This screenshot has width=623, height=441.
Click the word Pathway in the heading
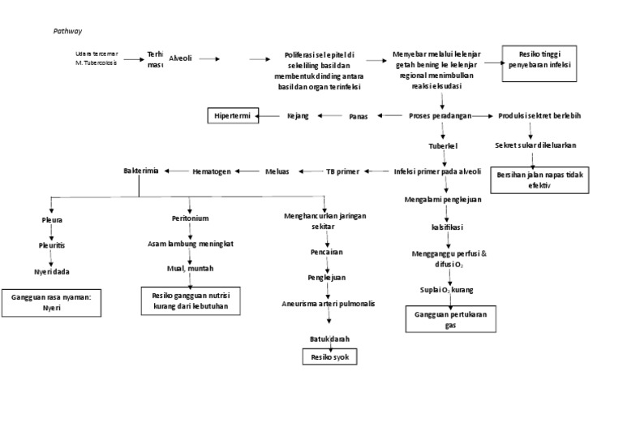pos(67,31)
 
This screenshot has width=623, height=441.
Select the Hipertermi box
pos(232,116)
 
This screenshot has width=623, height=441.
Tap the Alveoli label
pos(180,58)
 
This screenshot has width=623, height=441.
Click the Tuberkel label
pos(443,146)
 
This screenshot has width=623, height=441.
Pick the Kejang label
pos(298,116)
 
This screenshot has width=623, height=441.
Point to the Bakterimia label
pos(141,171)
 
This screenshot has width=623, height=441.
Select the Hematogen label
pos(212,171)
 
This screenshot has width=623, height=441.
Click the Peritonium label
pos(190,219)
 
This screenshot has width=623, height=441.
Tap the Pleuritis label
pos(51,244)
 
